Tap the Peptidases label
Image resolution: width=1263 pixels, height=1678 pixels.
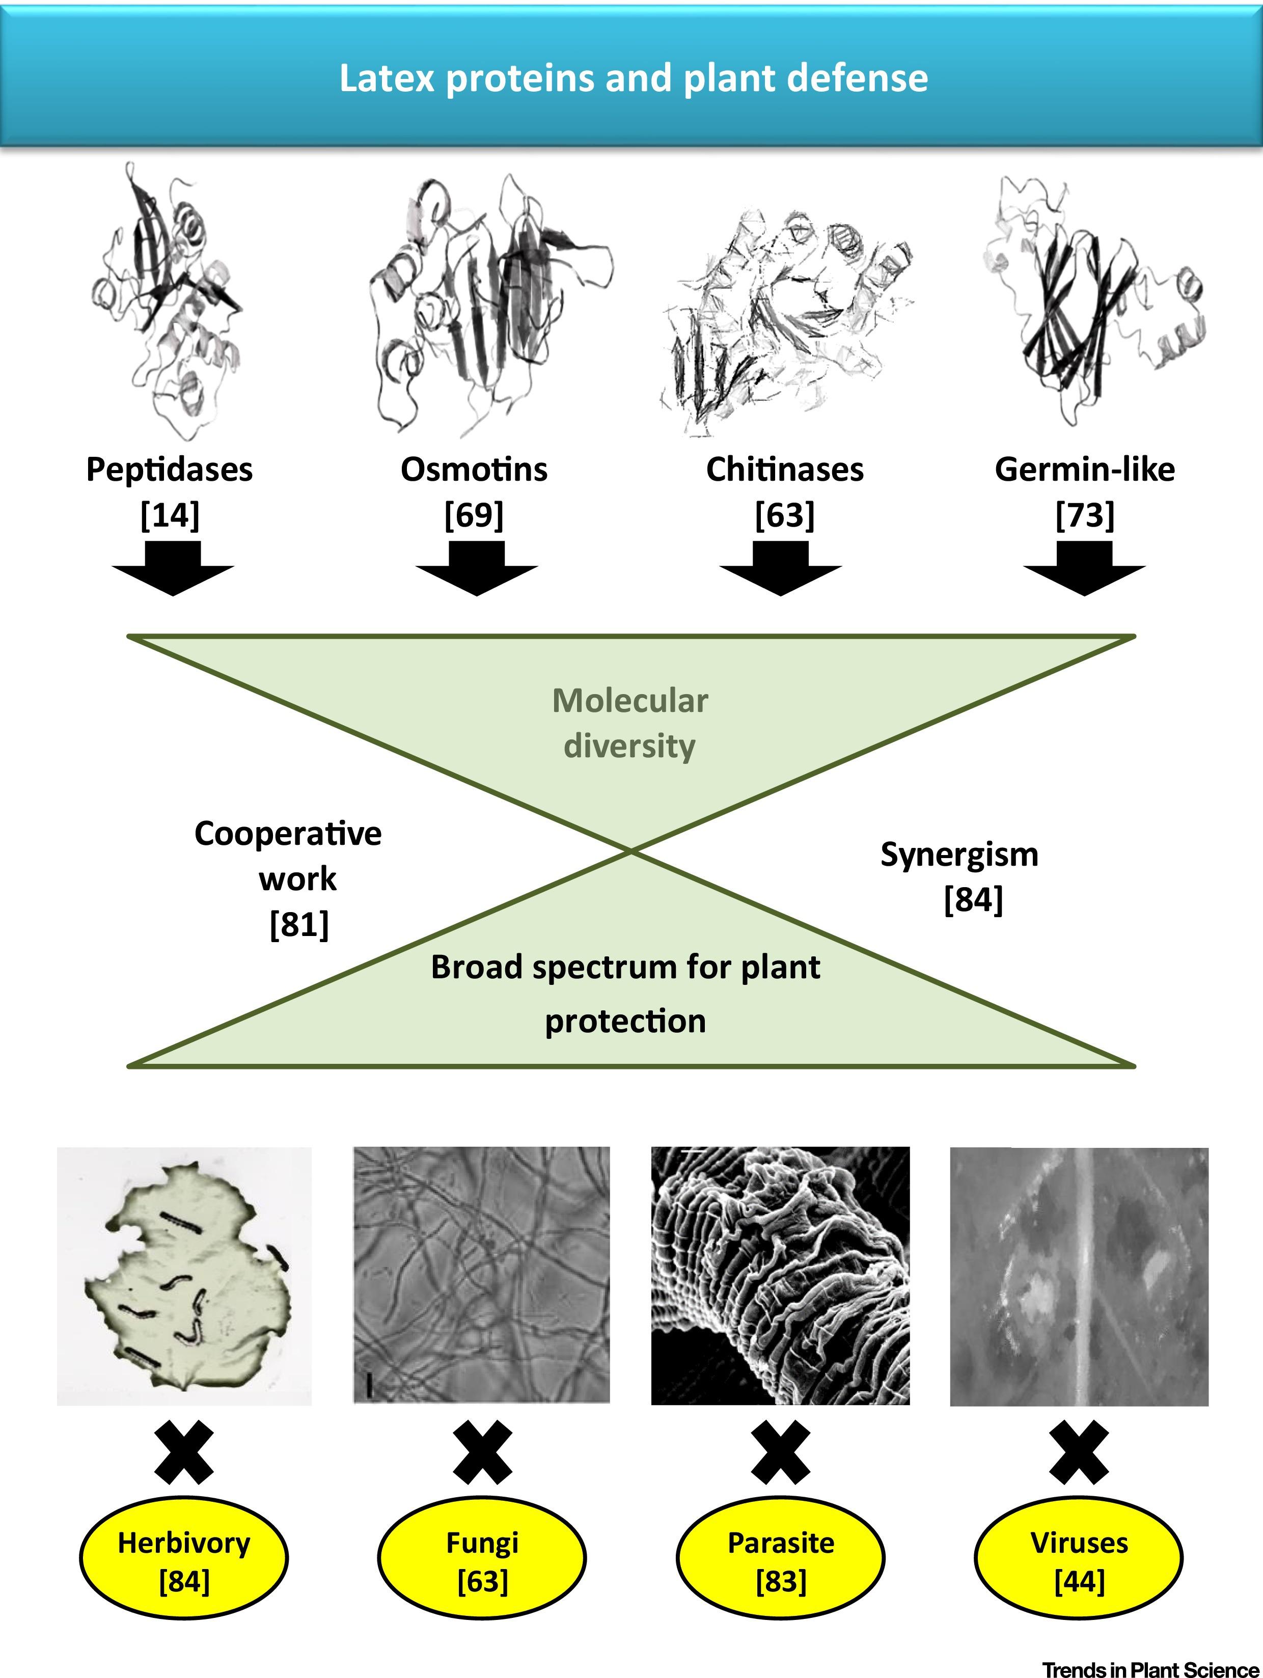click(x=169, y=470)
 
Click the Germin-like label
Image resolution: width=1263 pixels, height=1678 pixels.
click(x=1085, y=470)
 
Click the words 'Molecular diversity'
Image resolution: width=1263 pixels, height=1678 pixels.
click(x=629, y=723)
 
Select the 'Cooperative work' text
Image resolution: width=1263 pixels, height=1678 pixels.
click(x=288, y=856)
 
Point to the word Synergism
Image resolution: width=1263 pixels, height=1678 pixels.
click(x=959, y=855)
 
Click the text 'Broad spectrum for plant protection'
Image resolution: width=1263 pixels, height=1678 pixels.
click(x=626, y=994)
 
